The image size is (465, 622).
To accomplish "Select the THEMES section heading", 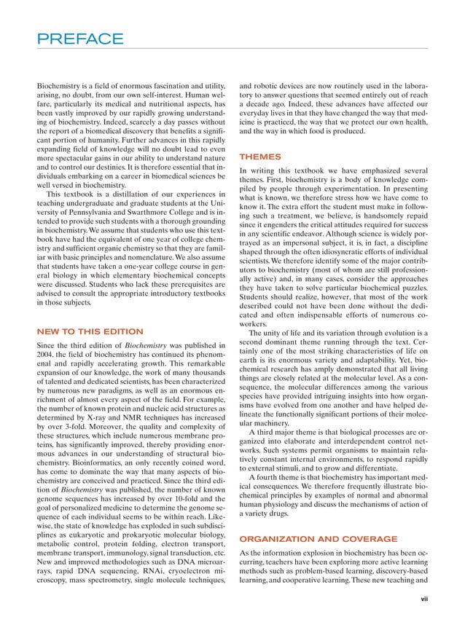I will pos(257,157).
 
